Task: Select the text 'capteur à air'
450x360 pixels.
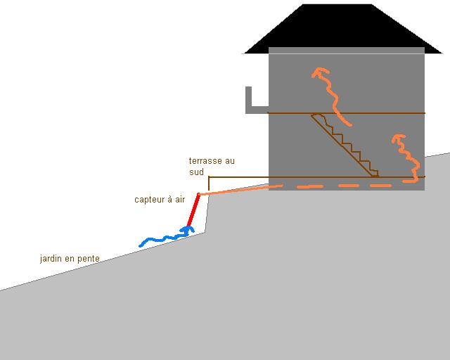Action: [x=160, y=200]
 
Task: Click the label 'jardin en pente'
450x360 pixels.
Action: [x=70, y=259]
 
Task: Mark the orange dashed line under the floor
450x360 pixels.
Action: [x=337, y=186]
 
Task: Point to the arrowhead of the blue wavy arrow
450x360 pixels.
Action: [x=187, y=230]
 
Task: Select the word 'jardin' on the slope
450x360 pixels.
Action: [x=51, y=259]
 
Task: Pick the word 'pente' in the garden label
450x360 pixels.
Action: [x=88, y=259]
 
